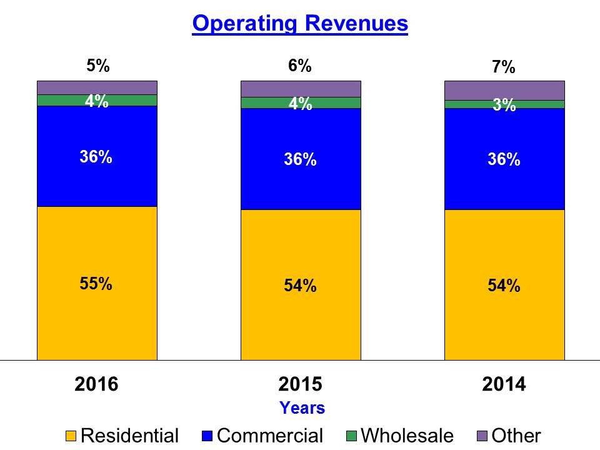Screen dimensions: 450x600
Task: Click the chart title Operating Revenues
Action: tap(300, 24)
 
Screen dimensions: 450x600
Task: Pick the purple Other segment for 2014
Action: tap(504, 90)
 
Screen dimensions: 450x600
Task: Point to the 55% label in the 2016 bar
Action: tap(96, 283)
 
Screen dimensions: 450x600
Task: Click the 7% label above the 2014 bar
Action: tap(503, 67)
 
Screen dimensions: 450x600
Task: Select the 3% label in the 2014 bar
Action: tap(504, 106)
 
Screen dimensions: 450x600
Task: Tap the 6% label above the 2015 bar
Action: tap(300, 66)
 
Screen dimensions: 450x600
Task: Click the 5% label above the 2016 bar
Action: tap(98, 66)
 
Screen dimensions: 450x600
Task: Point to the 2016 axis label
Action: tap(96, 384)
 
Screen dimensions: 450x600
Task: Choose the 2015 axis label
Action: tap(300, 384)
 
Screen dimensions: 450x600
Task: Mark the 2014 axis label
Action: tap(504, 384)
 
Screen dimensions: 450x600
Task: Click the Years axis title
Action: tap(302, 408)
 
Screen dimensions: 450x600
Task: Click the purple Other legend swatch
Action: tap(482, 436)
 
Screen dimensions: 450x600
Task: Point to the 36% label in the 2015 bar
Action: tap(300, 160)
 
